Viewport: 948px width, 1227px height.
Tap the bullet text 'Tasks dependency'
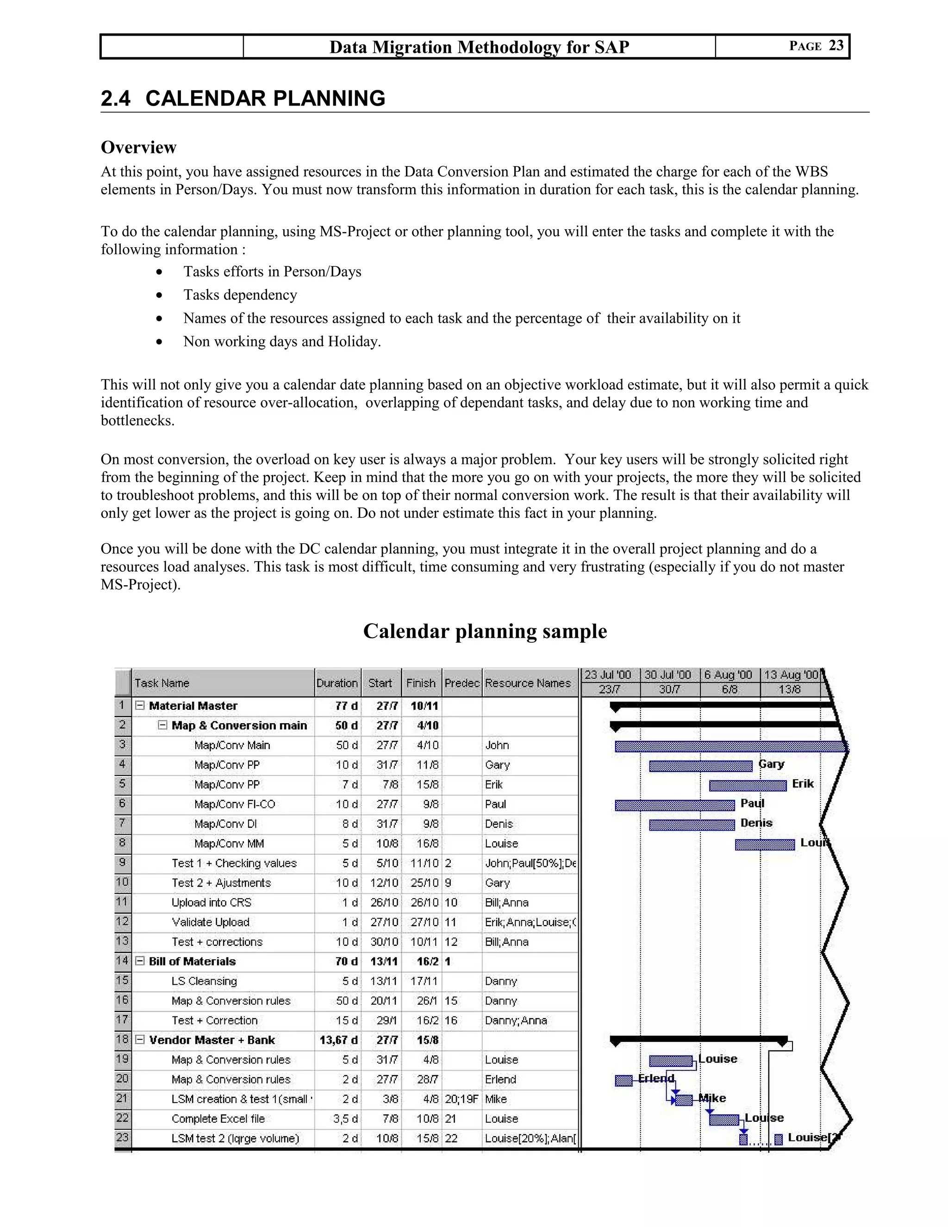[240, 295]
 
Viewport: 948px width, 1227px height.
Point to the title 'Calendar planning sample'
[485, 631]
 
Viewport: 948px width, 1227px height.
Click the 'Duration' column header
[337, 683]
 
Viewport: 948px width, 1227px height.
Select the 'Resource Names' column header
[528, 683]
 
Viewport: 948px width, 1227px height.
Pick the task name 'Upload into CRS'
[211, 903]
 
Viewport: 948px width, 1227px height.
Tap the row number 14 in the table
[122, 961]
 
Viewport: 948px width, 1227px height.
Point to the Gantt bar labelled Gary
[700, 766]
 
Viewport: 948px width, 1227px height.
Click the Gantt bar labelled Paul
[674, 806]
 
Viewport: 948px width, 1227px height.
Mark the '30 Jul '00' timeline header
[668, 675]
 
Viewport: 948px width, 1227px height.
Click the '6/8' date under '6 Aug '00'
[730, 690]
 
